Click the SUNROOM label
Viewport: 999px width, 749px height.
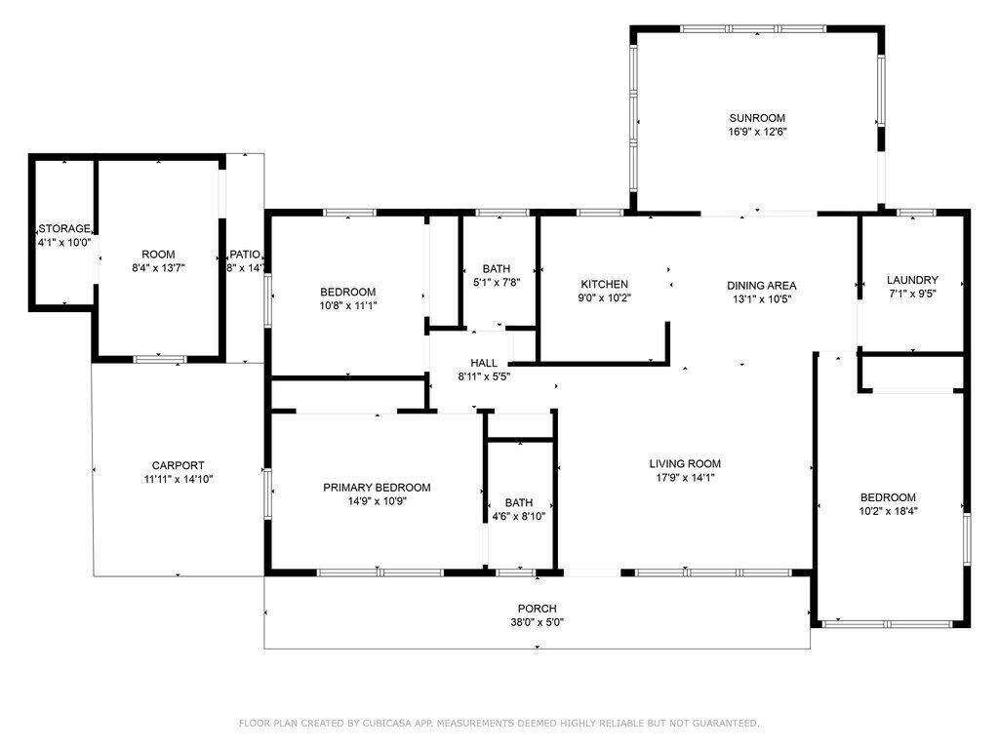[757, 118]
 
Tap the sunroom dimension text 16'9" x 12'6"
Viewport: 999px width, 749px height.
[757, 132]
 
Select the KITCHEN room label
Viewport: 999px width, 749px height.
[604, 284]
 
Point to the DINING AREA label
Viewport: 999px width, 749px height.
[761, 286]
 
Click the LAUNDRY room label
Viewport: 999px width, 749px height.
[912, 280]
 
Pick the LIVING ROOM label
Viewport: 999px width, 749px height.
[685, 463]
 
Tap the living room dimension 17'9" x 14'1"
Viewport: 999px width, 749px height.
[684, 478]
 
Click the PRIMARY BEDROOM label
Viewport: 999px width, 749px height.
[377, 488]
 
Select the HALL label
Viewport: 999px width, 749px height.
[484, 363]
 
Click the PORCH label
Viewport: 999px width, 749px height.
[538, 609]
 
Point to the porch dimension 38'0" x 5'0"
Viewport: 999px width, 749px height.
[538, 622]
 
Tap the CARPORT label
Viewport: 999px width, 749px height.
[178, 465]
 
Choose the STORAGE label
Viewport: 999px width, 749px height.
[64, 228]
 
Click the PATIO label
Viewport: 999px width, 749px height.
[245, 255]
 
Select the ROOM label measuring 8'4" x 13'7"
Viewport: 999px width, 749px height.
[158, 255]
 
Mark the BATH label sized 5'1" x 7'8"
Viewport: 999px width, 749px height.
[497, 269]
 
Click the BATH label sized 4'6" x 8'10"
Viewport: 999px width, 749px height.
[519, 502]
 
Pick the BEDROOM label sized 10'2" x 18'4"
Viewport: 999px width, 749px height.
[888, 497]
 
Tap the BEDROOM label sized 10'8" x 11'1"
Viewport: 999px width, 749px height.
[348, 292]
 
